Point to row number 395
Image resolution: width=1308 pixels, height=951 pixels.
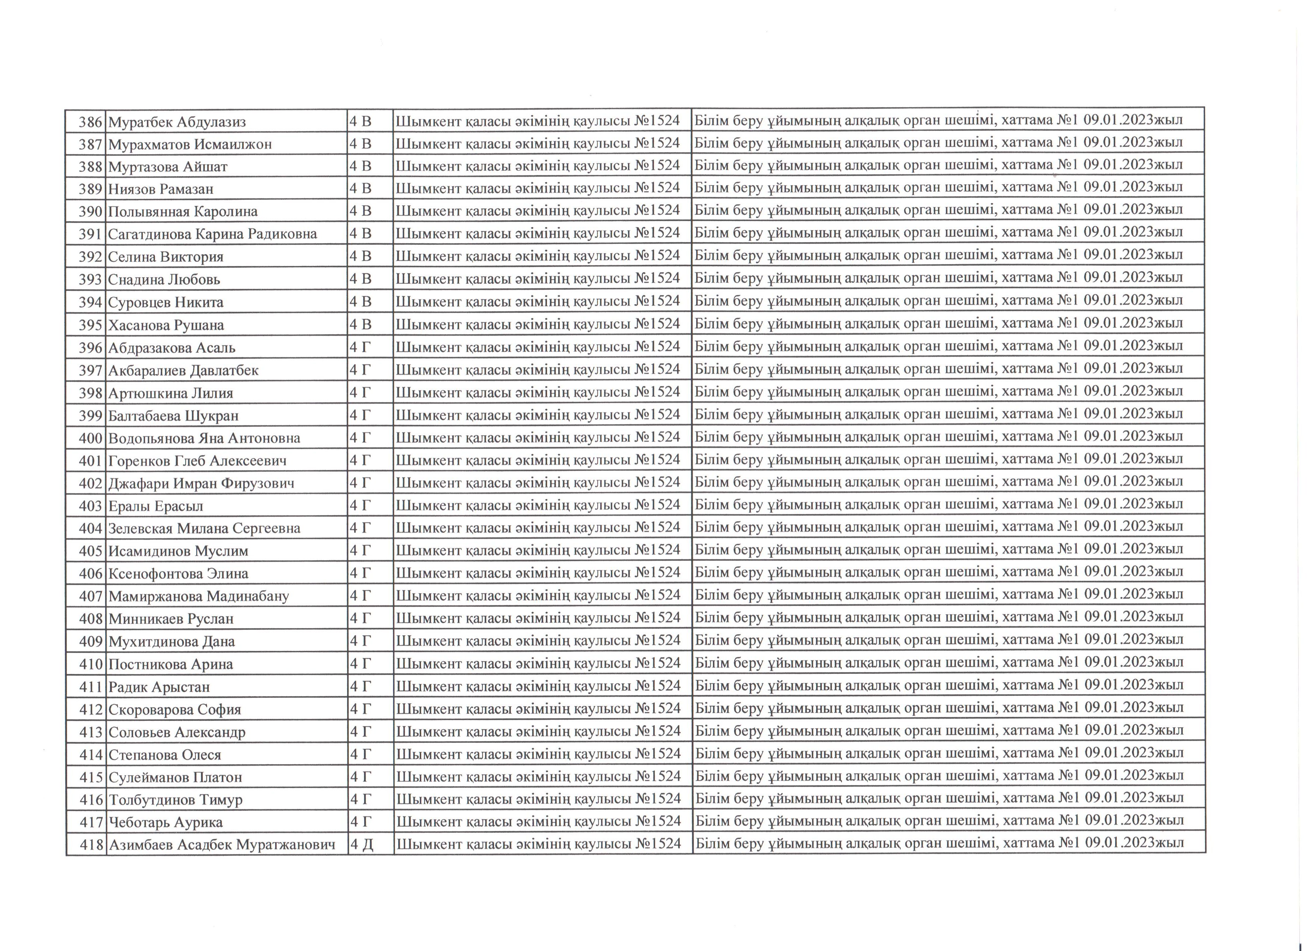(x=91, y=325)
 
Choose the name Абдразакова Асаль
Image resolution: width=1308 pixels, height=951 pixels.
(x=172, y=348)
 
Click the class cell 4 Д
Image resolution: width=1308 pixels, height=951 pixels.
(x=362, y=845)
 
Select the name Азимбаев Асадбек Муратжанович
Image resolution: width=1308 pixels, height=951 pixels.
(x=222, y=845)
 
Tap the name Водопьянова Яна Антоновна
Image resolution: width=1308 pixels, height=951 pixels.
(x=204, y=438)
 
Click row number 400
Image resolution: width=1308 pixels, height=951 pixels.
(x=91, y=438)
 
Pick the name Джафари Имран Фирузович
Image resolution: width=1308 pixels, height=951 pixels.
(x=201, y=483)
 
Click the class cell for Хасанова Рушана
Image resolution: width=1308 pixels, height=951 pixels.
(x=361, y=325)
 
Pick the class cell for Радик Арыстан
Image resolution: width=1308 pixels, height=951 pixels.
(x=361, y=686)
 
